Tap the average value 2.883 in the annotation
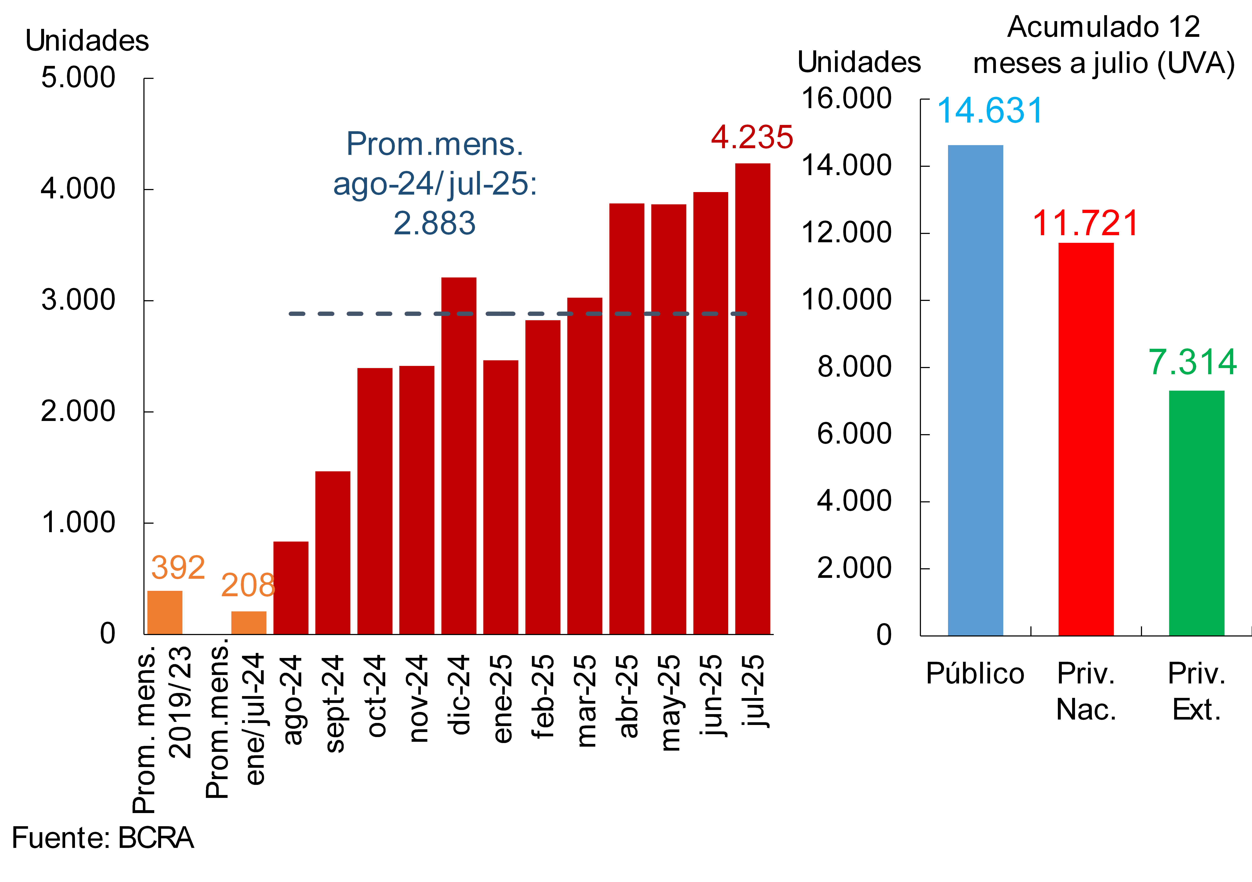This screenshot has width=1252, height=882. click(x=435, y=223)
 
